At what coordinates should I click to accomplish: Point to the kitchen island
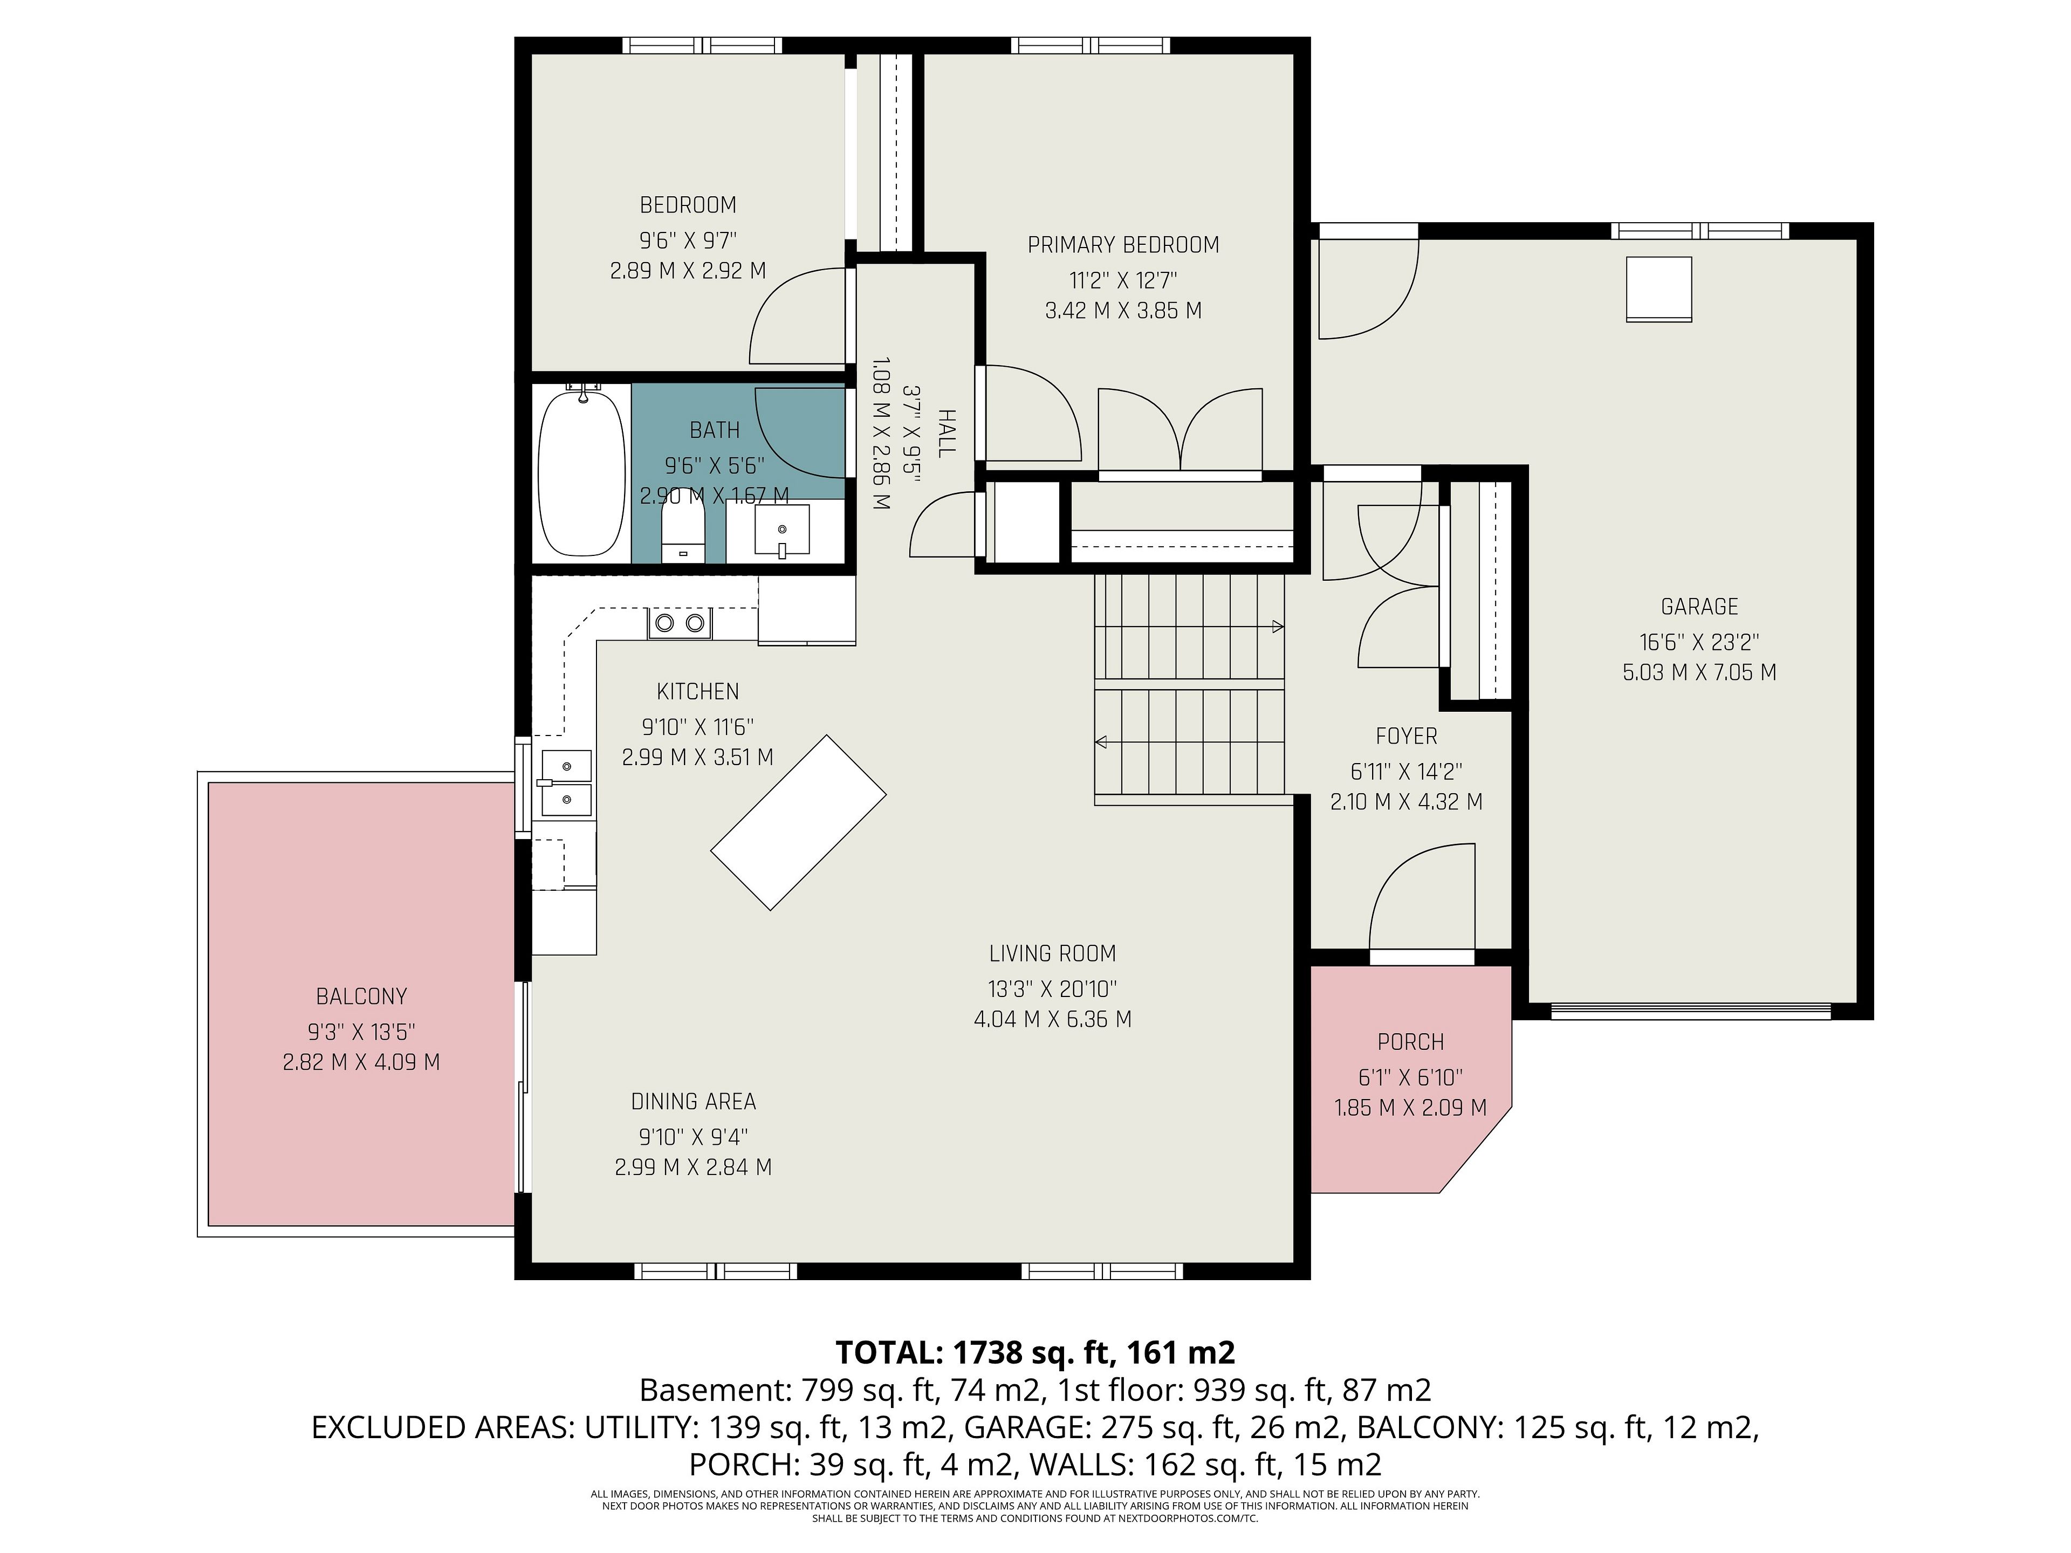[799, 822]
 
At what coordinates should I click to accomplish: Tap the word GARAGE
[1699, 607]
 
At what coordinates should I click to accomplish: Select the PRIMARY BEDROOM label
[1123, 245]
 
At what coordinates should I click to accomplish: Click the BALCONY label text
[361, 996]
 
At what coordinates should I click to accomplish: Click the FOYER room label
[1406, 737]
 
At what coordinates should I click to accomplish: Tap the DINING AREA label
[693, 1102]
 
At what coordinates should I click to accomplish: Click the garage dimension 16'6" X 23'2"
[1699, 642]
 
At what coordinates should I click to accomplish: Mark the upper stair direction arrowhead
[1278, 627]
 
